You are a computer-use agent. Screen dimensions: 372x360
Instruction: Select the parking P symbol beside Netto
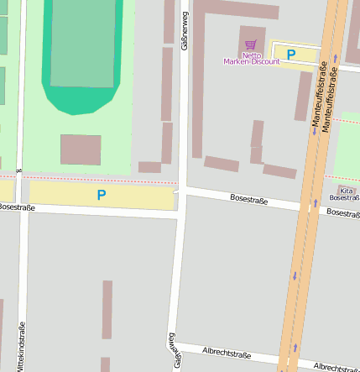(291, 55)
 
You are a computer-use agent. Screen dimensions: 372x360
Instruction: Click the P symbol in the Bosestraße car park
(102, 195)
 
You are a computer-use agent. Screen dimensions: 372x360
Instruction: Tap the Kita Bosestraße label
(346, 194)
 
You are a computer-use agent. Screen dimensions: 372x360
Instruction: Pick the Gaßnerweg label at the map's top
(185, 31)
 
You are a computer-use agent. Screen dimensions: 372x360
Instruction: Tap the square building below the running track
(81, 149)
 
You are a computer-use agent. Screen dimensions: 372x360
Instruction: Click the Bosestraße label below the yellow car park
(17, 207)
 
